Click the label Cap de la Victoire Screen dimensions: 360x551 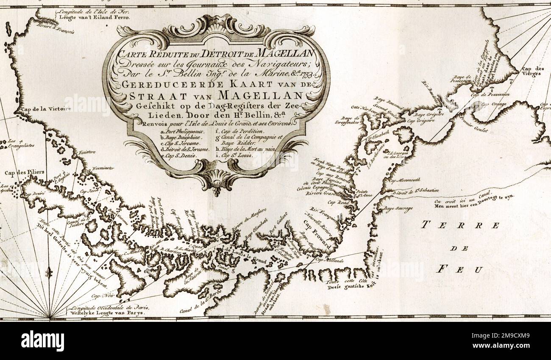tap(45, 109)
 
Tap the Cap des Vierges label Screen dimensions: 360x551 tap(532, 71)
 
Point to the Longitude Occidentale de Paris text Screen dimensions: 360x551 tap(110, 307)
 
